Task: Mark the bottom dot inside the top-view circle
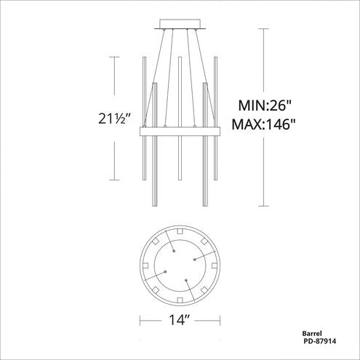(187, 279)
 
